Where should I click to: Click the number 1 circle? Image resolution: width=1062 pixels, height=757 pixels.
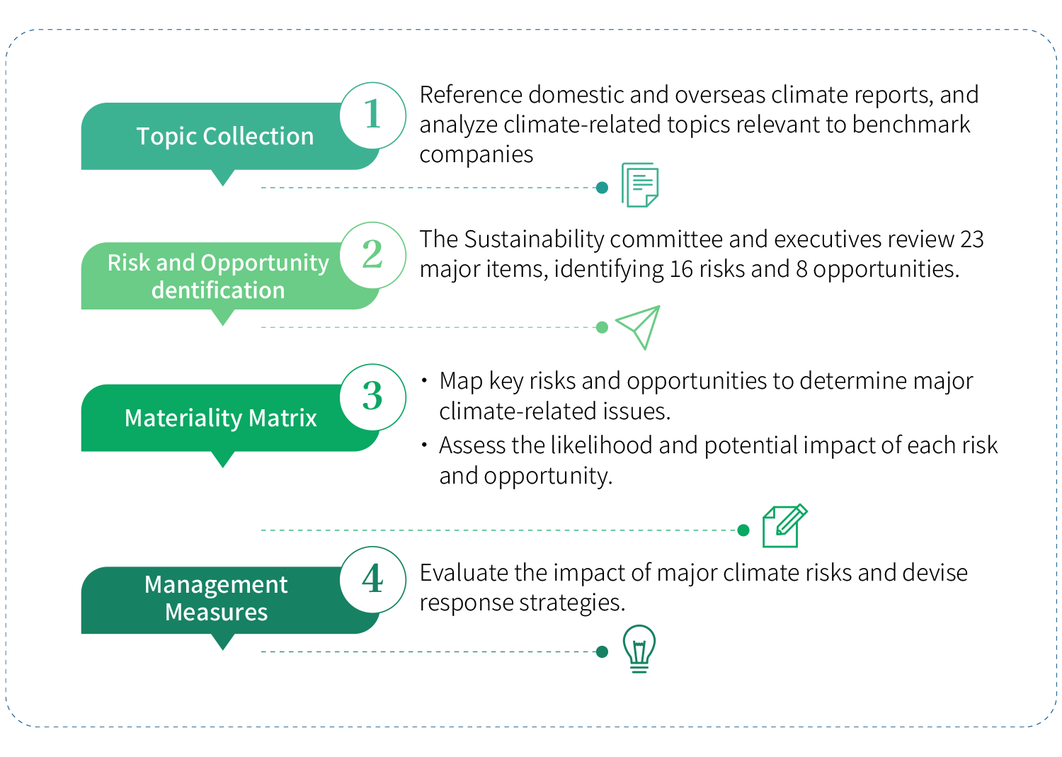[x=372, y=115]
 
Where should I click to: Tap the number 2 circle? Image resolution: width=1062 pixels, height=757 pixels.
[x=372, y=255]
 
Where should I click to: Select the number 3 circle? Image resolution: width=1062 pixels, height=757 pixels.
[x=372, y=397]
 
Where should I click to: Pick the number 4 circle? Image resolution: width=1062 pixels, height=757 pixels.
[x=372, y=579]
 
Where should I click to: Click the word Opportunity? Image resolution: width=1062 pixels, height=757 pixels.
[x=265, y=263]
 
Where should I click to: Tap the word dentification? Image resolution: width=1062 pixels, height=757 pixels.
[x=218, y=290]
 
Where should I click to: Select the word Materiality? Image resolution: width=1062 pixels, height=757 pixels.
[x=183, y=418]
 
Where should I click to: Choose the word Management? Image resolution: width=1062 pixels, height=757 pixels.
[x=216, y=585]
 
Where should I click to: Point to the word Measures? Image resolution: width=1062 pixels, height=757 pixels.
[x=216, y=612]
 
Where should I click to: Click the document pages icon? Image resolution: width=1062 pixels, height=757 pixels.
[x=640, y=185]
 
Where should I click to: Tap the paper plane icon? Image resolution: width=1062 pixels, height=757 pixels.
[x=639, y=326]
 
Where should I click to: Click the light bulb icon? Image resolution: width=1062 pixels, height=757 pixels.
[x=639, y=648]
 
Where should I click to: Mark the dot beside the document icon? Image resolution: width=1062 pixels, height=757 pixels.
[x=602, y=188]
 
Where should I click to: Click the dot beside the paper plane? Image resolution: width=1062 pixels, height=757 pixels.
[x=602, y=327]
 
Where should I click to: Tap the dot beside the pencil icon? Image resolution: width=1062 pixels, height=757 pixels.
[x=743, y=530]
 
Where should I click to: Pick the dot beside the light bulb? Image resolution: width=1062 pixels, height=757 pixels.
[x=602, y=652]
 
